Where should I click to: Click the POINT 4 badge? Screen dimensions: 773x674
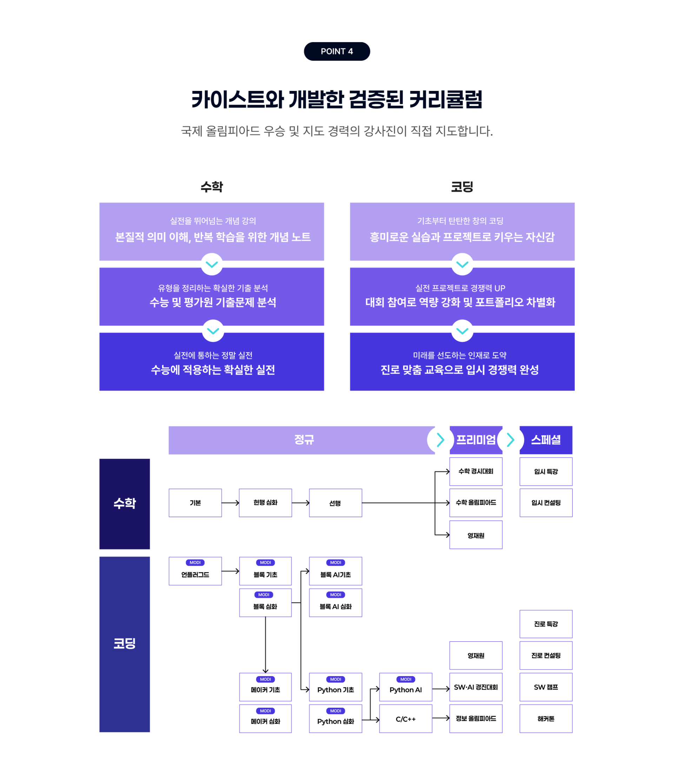(337, 51)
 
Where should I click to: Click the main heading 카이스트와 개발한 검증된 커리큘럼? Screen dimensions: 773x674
(337, 100)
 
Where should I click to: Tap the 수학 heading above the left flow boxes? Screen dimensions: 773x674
(211, 186)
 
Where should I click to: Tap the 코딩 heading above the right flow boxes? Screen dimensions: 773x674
(462, 186)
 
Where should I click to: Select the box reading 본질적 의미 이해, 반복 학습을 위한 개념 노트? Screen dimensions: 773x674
(211, 231)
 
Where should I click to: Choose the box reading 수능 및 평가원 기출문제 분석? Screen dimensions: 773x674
(211, 296)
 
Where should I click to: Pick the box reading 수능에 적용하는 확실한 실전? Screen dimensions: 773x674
(211, 361)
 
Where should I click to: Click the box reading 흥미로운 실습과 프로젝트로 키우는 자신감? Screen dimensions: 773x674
(462, 231)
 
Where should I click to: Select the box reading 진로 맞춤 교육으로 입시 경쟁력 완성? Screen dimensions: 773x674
(462, 361)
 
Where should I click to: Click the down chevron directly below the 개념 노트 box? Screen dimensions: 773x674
(212, 264)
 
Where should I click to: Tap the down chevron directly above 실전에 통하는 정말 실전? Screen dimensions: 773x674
(213, 330)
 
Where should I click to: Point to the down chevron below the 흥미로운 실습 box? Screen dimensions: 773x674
(462, 264)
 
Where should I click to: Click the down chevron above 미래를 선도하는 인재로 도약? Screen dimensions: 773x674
(462, 330)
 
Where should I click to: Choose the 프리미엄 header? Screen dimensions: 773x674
(476, 440)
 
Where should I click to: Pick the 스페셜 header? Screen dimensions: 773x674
(546, 440)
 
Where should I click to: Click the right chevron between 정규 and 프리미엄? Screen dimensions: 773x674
(441, 440)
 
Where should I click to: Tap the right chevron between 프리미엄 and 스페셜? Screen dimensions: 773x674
(510, 440)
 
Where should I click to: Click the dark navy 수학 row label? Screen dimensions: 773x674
(125, 504)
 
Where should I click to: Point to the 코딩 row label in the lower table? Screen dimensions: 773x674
(125, 643)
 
